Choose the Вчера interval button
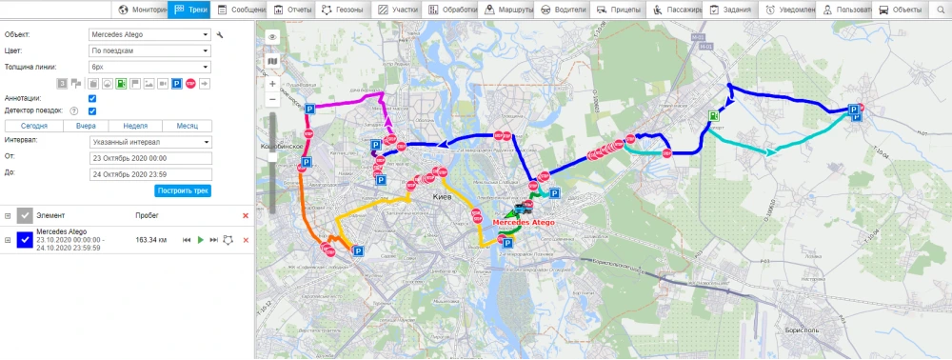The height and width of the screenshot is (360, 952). click(x=86, y=126)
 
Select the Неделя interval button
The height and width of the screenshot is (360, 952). click(x=135, y=126)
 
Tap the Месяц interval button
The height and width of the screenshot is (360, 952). click(x=187, y=126)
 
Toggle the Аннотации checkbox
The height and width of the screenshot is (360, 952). click(x=92, y=98)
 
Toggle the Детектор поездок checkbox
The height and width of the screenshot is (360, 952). click(x=92, y=111)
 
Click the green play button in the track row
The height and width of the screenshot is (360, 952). click(x=200, y=240)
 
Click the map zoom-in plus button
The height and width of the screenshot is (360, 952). click(x=273, y=84)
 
